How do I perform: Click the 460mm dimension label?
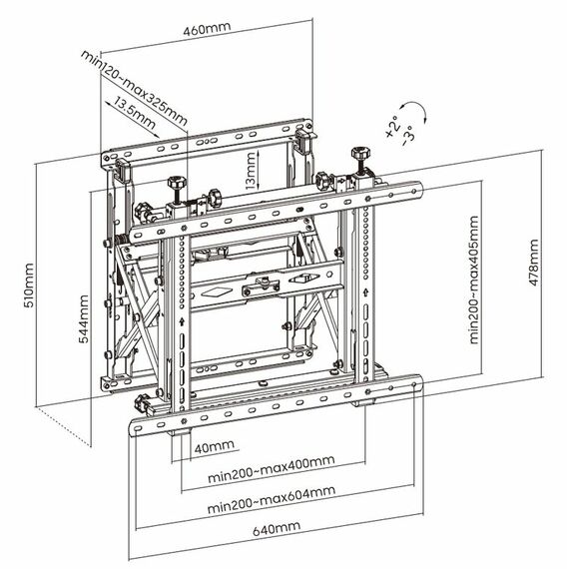207,29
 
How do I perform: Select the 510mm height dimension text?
29,285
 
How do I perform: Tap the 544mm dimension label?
84,318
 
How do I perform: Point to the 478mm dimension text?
534,262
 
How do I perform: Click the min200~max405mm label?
474,280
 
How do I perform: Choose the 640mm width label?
277,528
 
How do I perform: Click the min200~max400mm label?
272,469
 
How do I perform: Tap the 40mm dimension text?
214,446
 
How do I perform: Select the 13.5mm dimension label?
135,113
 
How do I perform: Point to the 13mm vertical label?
251,171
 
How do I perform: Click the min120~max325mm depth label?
134,88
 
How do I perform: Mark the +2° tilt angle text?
392,127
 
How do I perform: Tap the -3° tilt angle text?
407,136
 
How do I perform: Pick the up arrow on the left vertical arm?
182,321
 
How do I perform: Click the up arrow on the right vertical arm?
365,291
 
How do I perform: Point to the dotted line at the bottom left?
63,426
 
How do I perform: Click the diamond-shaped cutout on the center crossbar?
217,291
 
